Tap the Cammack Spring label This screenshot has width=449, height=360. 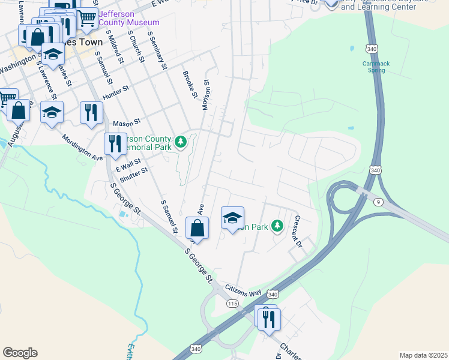coord(376,66)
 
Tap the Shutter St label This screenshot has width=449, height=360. coord(134,174)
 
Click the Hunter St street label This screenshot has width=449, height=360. coord(116,91)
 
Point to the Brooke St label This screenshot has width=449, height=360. coord(190,85)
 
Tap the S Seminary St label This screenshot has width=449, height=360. coord(155,52)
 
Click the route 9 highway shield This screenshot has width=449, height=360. coord(378,203)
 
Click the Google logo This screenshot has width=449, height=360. coord(20,353)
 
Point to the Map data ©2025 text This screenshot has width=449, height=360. coord(423,355)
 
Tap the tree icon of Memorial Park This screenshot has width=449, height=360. coord(181,143)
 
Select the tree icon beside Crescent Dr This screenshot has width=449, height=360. coord(277,226)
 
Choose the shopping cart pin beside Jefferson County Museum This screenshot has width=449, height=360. coord(87,19)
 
